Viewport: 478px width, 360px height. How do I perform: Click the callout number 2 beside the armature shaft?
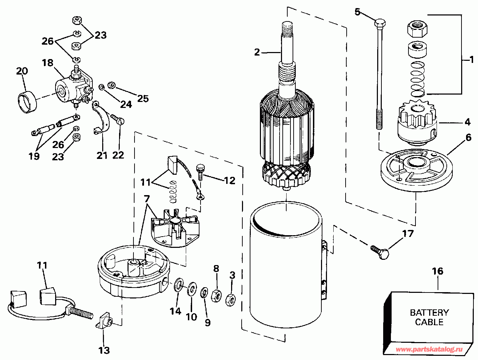(x=257, y=52)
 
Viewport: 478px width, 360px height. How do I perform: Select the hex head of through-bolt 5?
(x=380, y=22)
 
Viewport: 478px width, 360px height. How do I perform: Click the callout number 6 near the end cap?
(x=468, y=137)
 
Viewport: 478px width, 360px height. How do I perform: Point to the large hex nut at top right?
(x=417, y=28)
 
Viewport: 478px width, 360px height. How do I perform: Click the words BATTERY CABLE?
(x=429, y=317)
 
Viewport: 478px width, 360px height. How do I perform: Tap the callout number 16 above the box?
(x=438, y=271)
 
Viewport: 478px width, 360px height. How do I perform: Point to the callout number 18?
(x=47, y=63)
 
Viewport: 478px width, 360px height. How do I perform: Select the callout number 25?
(x=143, y=98)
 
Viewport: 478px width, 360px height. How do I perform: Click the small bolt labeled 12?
(x=200, y=172)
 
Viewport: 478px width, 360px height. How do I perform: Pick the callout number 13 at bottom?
(x=104, y=350)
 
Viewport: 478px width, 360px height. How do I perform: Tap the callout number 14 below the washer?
(x=176, y=311)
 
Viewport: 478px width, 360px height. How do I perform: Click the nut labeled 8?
(x=216, y=296)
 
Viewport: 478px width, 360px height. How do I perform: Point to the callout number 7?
(x=147, y=199)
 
